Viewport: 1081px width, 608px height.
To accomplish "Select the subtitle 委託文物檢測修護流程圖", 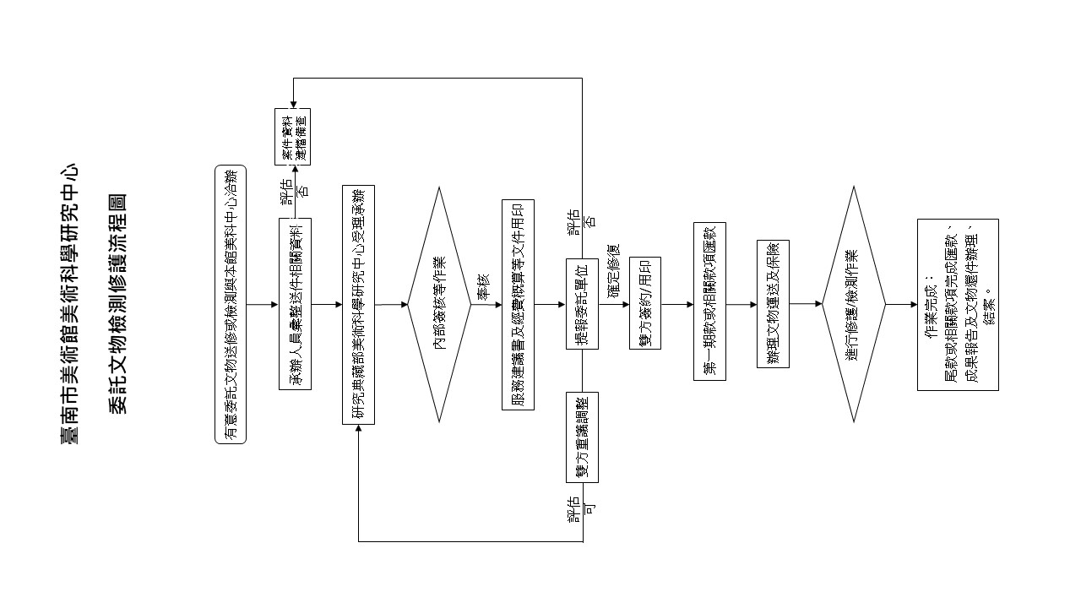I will (117, 304).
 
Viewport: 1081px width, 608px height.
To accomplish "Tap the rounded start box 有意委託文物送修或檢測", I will (230, 304).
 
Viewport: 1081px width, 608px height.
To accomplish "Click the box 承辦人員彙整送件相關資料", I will (295, 304).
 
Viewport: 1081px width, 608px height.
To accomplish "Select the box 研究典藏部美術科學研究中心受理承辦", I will (359, 304).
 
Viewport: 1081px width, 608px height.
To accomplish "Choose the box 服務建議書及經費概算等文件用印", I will (518, 304).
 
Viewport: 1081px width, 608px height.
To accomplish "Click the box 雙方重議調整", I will (582, 437).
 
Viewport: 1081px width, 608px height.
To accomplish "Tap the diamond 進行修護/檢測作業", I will (853, 304).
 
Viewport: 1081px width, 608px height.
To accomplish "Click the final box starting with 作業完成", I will (958, 305).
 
